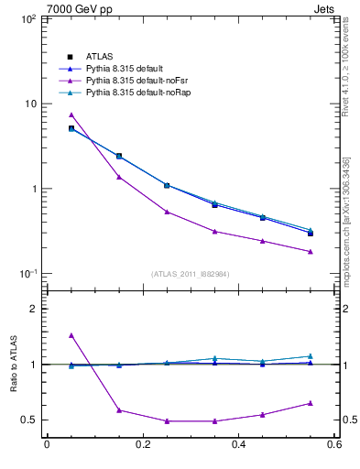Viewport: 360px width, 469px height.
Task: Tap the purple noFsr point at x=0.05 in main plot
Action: pyautogui.click(x=71, y=115)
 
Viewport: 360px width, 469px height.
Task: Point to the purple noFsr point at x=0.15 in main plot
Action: pyautogui.click(x=119, y=177)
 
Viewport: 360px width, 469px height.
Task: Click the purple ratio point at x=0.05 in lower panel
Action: pyautogui.click(x=71, y=335)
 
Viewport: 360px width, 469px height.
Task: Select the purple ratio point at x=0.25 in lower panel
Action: pyautogui.click(x=167, y=421)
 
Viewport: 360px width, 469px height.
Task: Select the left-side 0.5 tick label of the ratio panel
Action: pyautogui.click(x=29, y=420)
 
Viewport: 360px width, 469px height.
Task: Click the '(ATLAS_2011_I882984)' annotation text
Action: pyautogui.click(x=191, y=274)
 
